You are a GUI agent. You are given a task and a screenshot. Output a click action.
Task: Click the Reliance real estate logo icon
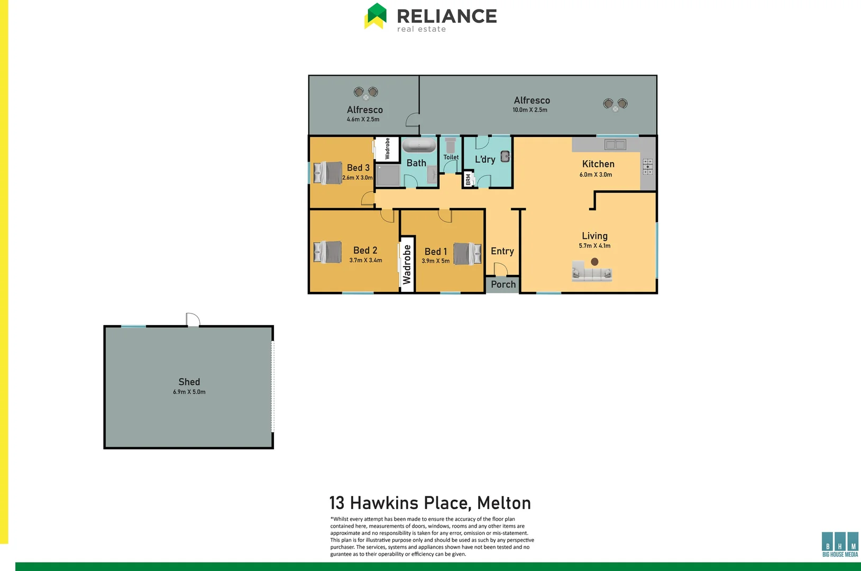[375, 16]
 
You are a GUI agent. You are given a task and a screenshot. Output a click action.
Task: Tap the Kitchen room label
[598, 164]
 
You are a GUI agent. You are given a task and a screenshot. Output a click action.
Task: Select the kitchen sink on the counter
[615, 144]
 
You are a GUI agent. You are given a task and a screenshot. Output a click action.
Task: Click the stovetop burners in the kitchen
[647, 167]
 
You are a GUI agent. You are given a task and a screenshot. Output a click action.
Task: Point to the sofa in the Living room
[592, 272]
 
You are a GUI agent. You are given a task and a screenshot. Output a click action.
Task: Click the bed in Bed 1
[467, 254]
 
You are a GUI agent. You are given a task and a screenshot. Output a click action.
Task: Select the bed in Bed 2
[327, 252]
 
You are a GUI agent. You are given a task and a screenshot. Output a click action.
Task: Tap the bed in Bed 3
[328, 173]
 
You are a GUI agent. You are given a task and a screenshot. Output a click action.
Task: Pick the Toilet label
[451, 157]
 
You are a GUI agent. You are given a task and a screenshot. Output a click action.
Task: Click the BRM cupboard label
[468, 179]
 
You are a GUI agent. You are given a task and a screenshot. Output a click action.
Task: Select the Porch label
[503, 284]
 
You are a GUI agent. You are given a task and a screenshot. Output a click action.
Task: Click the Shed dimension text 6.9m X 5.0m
[189, 392]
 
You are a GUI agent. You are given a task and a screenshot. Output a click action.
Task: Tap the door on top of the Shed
[193, 320]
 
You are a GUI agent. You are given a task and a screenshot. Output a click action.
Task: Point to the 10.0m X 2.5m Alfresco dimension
[529, 110]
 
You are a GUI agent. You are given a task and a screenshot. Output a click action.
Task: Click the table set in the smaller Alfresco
[366, 93]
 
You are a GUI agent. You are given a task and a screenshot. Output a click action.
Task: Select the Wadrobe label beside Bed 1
[407, 264]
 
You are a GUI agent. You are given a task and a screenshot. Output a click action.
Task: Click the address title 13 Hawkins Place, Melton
[430, 503]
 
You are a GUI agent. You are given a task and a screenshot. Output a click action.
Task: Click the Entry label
[502, 251]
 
